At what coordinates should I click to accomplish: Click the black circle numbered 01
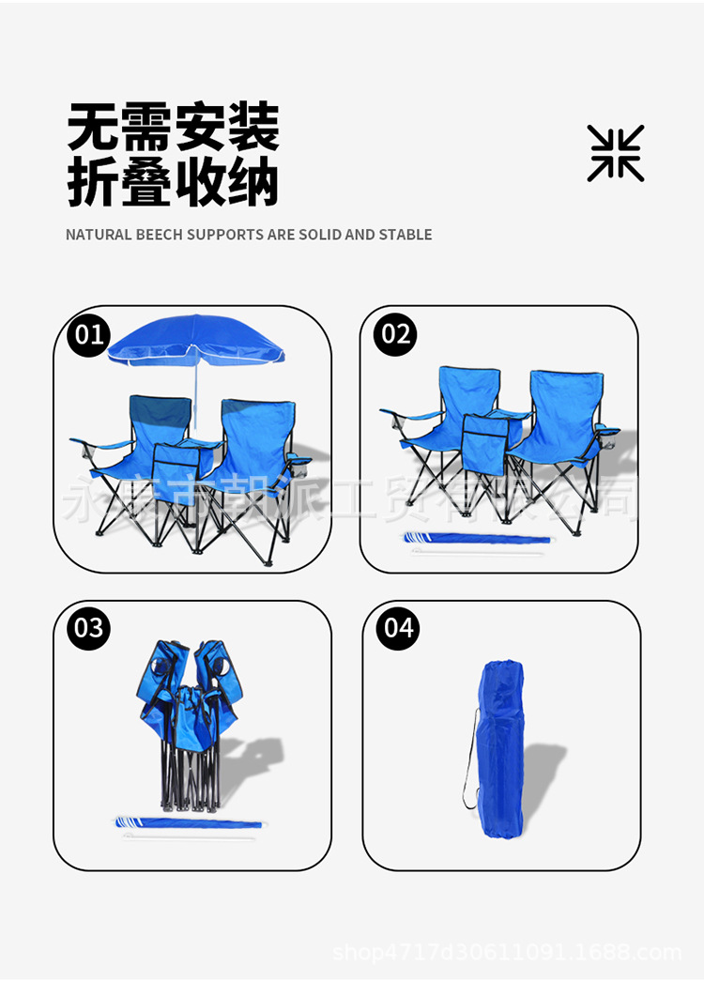point(88,335)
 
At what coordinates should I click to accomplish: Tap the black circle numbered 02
point(395,335)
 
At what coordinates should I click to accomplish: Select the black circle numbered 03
point(88,627)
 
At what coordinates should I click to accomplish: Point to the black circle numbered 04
point(399,627)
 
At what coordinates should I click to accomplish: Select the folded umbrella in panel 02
point(477,538)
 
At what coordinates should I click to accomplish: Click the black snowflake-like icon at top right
point(616,153)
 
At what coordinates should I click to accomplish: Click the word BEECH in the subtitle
point(160,235)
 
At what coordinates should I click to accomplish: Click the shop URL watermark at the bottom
point(507,953)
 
